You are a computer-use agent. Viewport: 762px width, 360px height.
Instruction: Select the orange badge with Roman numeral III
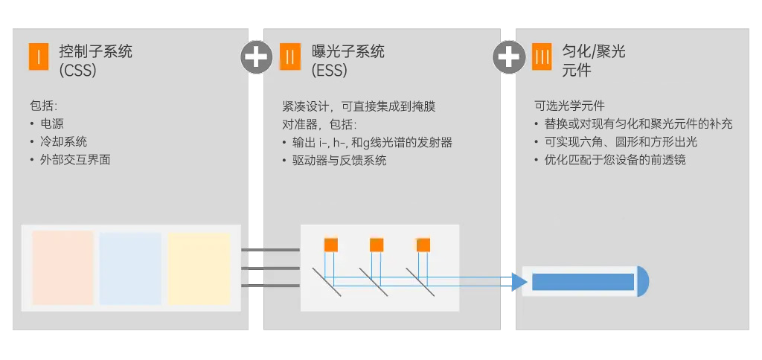pyautogui.click(x=543, y=57)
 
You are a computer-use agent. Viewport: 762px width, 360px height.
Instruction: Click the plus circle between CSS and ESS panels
pyautogui.click(x=256, y=57)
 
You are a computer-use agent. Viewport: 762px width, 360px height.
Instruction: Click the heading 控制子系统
pyautogui.click(x=96, y=52)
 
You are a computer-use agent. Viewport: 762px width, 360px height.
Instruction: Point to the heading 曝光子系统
pyautogui.click(x=348, y=52)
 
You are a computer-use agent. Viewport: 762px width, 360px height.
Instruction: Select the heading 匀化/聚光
pyautogui.click(x=594, y=52)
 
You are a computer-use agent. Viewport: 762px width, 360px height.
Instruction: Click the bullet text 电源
pyautogui.click(x=52, y=123)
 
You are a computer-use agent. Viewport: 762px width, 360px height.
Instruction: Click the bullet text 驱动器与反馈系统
pyautogui.click(x=339, y=160)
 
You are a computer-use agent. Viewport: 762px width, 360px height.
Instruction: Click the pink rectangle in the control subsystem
pyautogui.click(x=63, y=268)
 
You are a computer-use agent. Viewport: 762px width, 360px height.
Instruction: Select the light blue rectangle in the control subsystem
pyautogui.click(x=130, y=268)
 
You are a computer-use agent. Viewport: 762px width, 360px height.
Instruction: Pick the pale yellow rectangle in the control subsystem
pyautogui.click(x=199, y=268)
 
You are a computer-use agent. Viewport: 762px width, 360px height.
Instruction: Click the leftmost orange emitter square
pyautogui.click(x=331, y=245)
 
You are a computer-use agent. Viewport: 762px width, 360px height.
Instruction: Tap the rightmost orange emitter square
pyautogui.click(x=423, y=245)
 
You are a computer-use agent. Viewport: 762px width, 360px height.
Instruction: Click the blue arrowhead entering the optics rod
pyautogui.click(x=519, y=282)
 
